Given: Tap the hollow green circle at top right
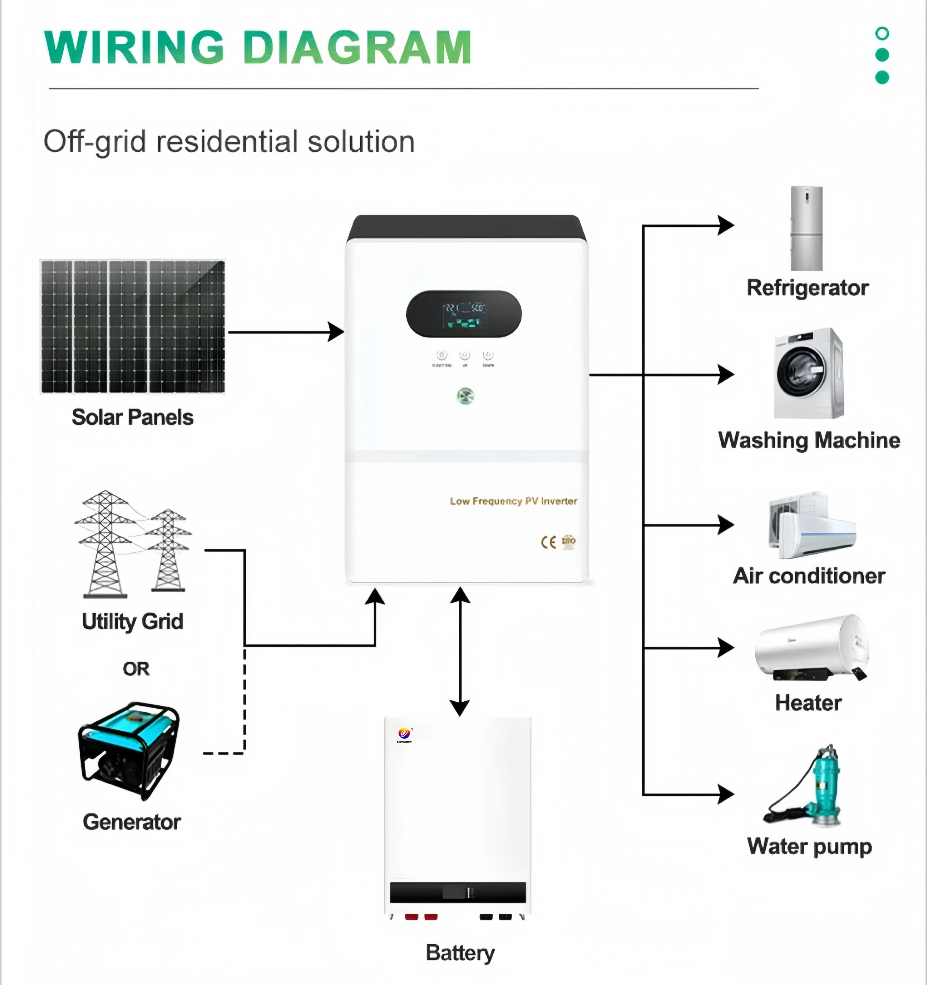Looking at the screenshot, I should [882, 34].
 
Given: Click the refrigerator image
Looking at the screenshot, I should [806, 228].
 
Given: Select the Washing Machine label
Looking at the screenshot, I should [809, 440].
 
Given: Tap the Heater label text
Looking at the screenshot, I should [808, 702].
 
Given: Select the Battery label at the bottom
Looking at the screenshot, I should [460, 952].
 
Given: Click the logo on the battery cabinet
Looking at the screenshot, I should [404, 734].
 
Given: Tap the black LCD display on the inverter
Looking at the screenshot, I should [463, 314].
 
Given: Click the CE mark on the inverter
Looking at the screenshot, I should [548, 542].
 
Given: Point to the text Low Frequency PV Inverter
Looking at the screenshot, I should [513, 501].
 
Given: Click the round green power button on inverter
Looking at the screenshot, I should [465, 396].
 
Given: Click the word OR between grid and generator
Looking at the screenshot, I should [136, 669].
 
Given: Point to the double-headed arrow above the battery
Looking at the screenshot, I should [460, 652].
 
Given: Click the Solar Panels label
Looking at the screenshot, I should [132, 417].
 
